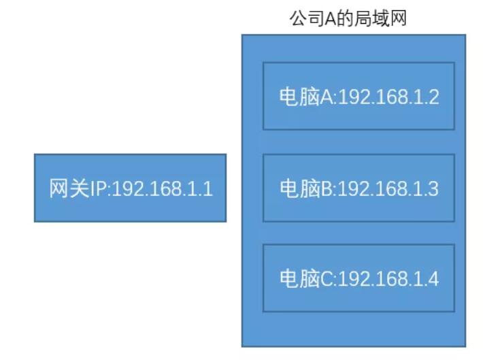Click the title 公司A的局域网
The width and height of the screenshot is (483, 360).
tap(348, 18)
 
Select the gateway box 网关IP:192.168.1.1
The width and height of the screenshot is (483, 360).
tap(130, 188)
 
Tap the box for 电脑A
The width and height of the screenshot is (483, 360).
tap(359, 96)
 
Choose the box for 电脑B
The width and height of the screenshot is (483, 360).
tap(359, 188)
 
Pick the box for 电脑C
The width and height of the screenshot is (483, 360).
tap(359, 278)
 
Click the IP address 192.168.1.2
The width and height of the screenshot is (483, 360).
tap(388, 97)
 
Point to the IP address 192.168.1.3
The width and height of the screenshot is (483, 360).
tap(388, 189)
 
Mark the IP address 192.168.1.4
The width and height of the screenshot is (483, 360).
tap(388, 279)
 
